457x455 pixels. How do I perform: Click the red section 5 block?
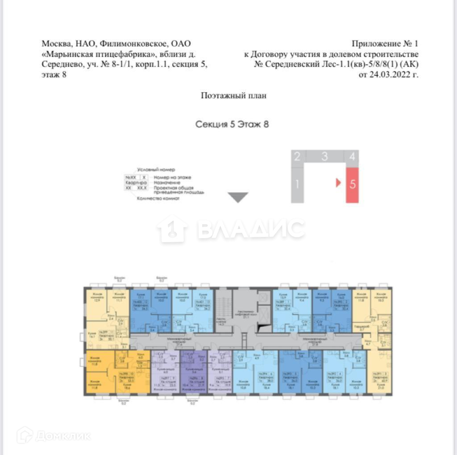353,185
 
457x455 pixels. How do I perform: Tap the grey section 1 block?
297,183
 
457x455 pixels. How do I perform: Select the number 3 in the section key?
324,156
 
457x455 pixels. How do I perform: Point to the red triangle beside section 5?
338,183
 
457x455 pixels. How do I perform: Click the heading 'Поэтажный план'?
233,95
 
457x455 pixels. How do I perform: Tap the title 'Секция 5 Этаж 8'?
232,124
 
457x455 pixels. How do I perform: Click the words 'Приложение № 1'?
385,44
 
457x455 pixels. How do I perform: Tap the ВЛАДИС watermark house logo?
172,229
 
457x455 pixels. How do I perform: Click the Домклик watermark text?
62,435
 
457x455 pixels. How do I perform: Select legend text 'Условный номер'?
156,170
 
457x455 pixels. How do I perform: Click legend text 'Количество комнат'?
158,199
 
